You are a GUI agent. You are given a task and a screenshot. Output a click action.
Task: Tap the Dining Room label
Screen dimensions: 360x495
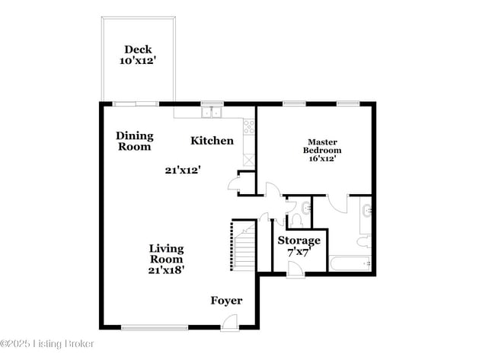[135, 141]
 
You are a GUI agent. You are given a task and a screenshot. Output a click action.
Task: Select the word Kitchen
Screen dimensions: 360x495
[212, 140]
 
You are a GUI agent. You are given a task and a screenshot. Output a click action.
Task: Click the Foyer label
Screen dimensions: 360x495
[226, 301]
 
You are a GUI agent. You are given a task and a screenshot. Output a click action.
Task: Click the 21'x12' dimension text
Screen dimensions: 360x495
[182, 170]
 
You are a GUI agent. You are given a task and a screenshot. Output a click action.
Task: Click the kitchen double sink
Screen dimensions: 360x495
[211, 113]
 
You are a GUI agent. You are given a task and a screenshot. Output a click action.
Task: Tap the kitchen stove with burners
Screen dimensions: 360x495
[248, 127]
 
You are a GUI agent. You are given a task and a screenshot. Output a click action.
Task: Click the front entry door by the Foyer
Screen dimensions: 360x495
[226, 323]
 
